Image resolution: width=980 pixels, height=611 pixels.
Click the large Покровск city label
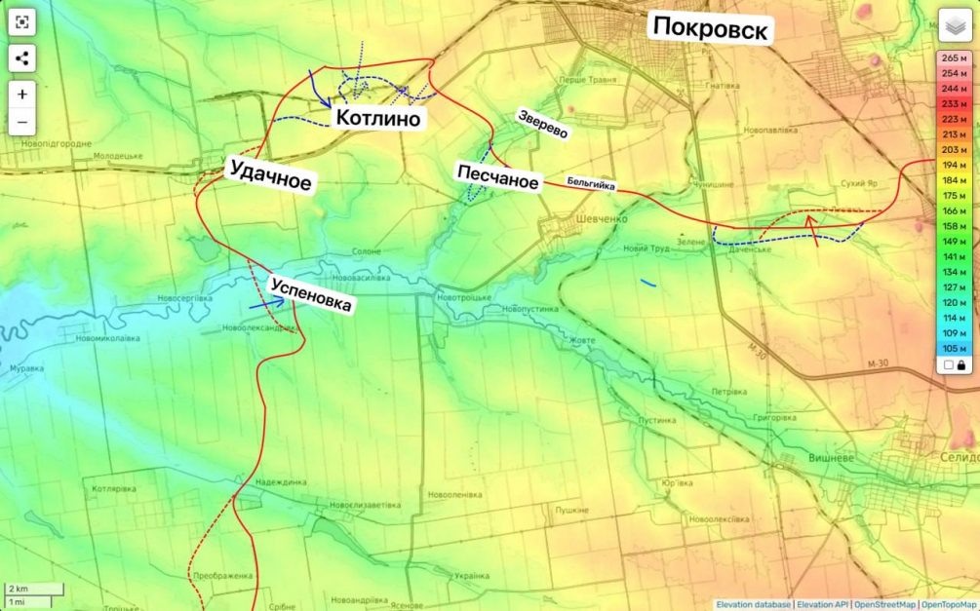tap(710, 28)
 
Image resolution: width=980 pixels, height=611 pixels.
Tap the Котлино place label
tap(378, 119)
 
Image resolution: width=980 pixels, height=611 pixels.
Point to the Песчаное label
tap(497, 177)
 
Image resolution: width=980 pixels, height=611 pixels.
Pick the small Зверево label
tap(543, 123)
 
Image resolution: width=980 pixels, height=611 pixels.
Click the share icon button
tap(22, 58)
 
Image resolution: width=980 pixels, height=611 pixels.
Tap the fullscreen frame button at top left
tap(22, 22)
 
